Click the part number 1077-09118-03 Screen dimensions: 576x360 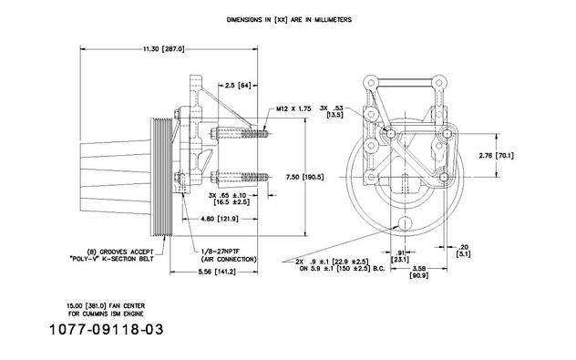tap(106, 329)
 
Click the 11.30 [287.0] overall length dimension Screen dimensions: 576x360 tap(164, 48)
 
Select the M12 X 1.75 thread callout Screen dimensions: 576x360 tap(293, 108)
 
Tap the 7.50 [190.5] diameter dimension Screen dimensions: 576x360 tap(305, 177)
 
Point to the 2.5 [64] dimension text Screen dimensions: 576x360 tap(238, 86)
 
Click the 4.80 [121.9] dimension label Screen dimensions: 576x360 tap(220, 219)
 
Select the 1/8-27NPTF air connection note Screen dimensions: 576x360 tap(229, 255)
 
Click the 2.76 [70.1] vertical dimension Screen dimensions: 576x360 tap(497, 155)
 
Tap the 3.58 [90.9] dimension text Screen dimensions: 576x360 tap(418, 272)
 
